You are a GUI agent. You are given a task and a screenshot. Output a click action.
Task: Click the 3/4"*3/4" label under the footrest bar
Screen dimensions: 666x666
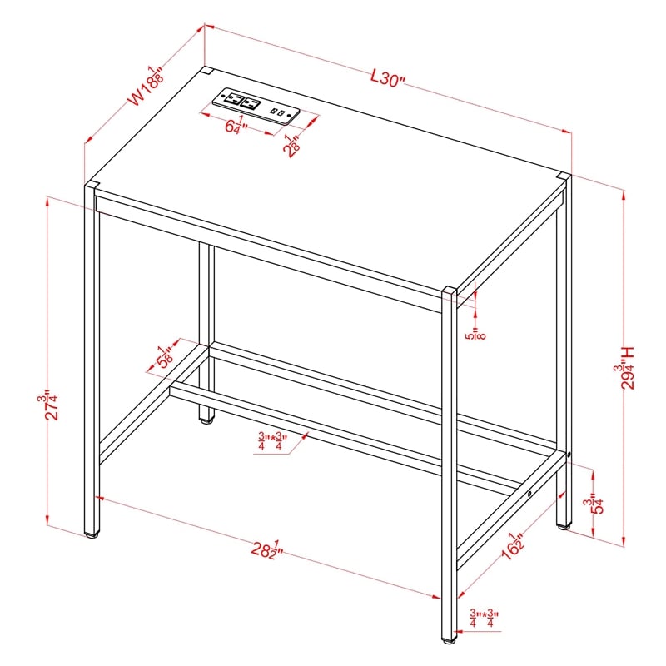271,441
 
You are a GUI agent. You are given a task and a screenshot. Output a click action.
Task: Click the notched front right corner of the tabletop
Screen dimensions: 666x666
450,291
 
